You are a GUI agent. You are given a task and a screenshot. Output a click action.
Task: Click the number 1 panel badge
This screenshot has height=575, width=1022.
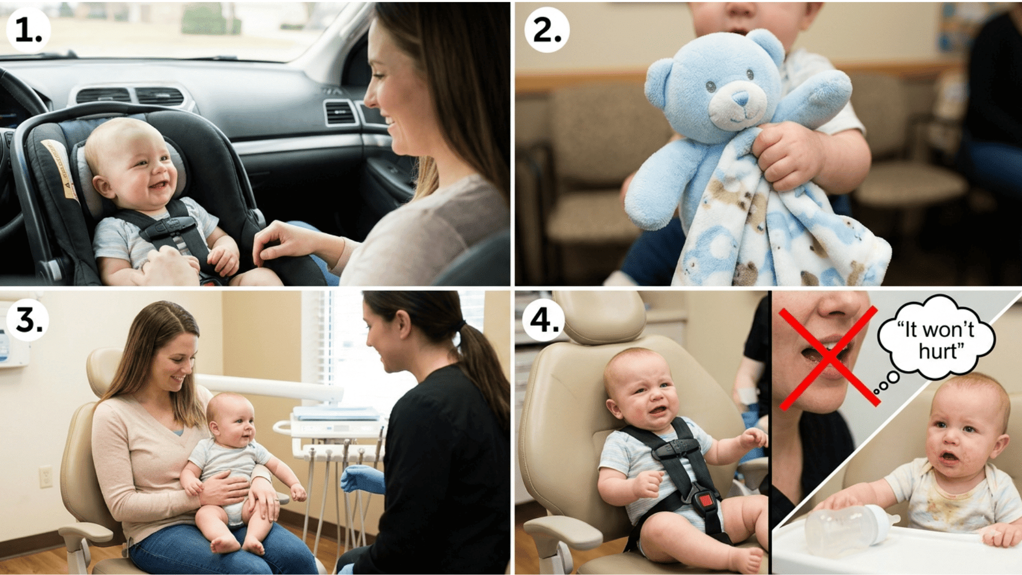tap(28, 30)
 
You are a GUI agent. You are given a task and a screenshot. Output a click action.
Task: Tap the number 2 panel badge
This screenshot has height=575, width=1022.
tap(546, 30)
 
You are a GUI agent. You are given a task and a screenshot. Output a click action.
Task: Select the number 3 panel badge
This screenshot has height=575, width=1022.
tap(28, 319)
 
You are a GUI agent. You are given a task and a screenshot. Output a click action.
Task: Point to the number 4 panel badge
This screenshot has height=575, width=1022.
tap(543, 319)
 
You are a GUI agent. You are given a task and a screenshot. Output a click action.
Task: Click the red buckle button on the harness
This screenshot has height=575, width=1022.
tap(705, 500)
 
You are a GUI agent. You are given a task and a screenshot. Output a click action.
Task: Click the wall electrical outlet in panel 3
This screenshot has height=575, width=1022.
tap(46, 477)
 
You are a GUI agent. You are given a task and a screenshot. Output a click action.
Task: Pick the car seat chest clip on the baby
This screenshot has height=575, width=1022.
tap(168, 228)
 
